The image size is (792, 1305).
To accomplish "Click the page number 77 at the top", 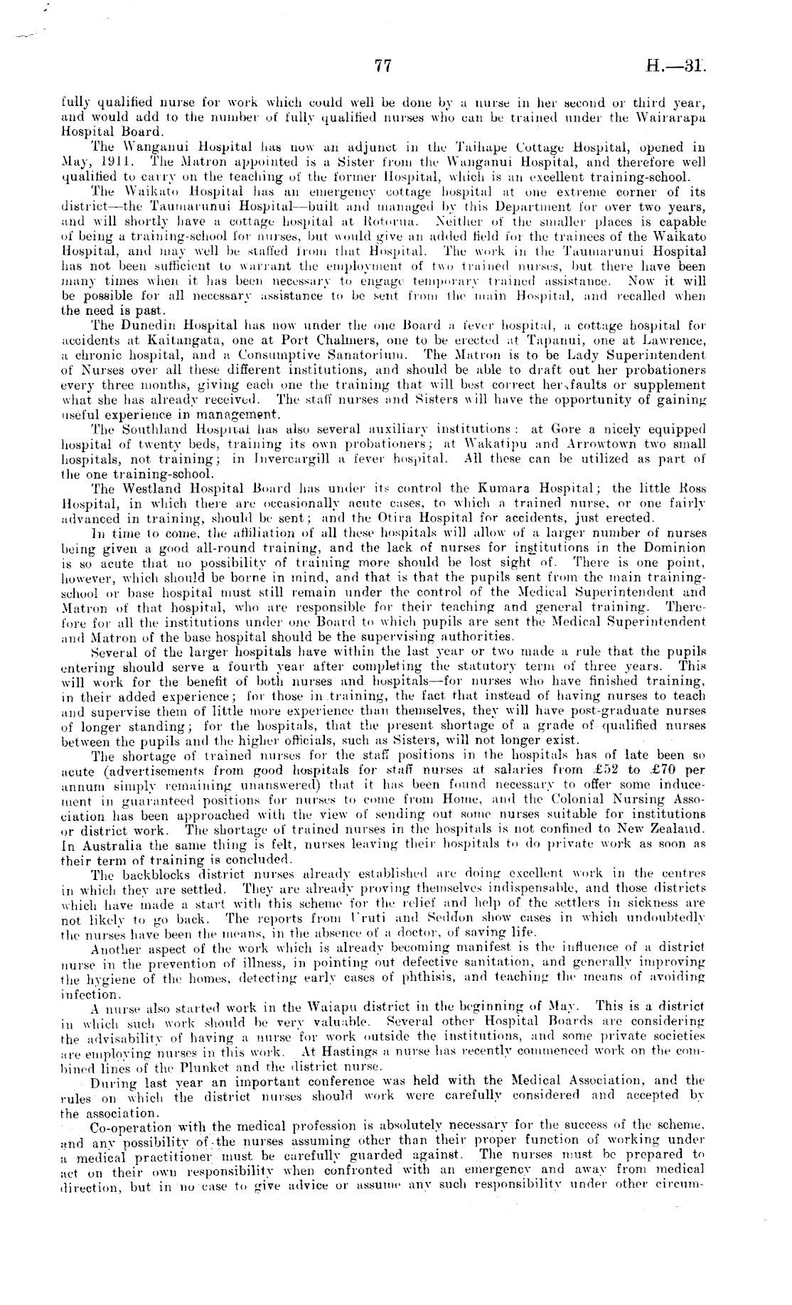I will pos(383,66).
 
